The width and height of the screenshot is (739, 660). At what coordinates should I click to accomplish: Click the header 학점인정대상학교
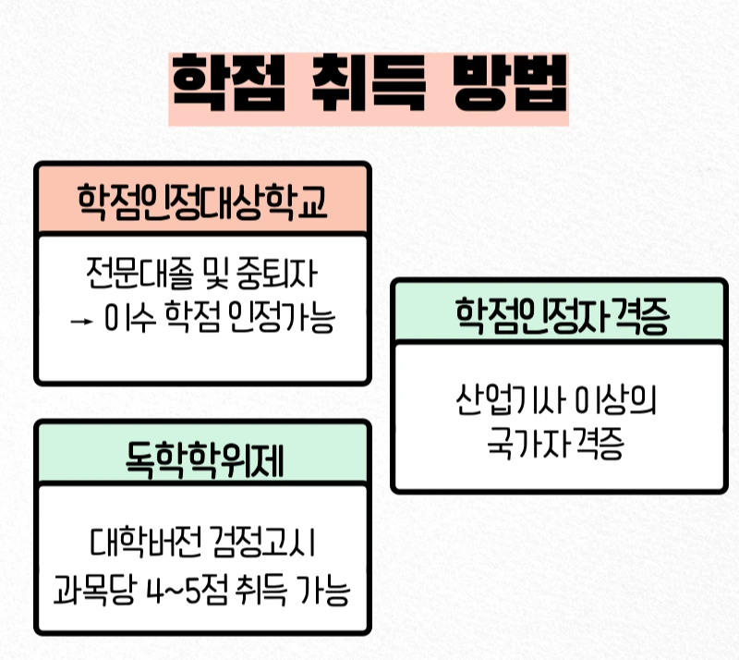(201, 200)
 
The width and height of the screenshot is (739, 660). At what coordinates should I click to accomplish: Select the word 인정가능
(284, 321)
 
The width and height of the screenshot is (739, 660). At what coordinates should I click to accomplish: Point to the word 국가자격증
(557, 448)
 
